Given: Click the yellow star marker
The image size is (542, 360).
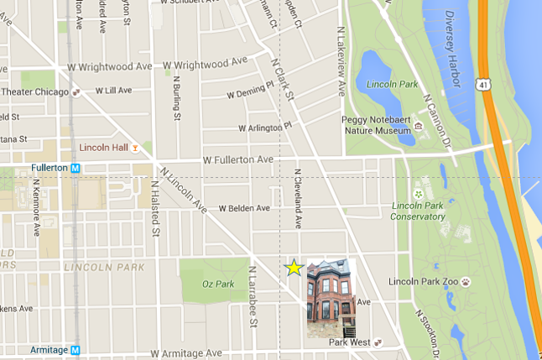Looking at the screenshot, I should [294, 268].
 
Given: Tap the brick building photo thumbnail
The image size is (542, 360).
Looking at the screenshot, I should [331, 299].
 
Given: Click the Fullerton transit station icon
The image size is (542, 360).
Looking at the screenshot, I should [76, 168].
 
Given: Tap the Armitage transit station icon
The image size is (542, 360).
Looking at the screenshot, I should [76, 350].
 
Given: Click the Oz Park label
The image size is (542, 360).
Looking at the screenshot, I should [216, 284].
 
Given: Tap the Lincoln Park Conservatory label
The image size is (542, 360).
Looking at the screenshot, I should [418, 211].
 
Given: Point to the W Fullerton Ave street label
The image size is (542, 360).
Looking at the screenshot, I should [238, 159].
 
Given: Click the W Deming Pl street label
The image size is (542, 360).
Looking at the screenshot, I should [251, 90].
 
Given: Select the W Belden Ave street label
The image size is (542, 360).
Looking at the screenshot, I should [244, 208].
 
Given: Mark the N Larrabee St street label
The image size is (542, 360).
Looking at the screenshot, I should [252, 295].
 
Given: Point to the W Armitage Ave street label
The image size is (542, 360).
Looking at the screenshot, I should [188, 354].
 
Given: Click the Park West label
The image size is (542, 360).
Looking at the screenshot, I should [349, 342].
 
